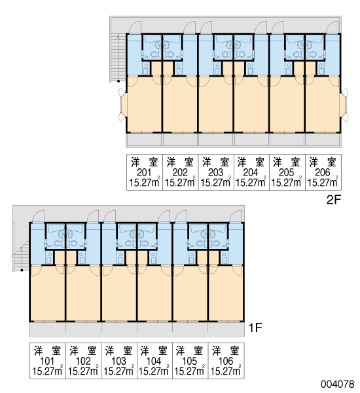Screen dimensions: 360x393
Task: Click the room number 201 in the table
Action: click(144, 172)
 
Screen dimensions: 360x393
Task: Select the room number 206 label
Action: click(323, 172)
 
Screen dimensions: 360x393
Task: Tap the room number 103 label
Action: click(118, 361)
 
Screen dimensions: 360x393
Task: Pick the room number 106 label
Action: click(226, 361)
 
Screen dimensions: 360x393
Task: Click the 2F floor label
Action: click(334, 200)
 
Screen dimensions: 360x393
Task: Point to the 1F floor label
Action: click(255, 327)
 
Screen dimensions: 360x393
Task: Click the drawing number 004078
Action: click(338, 384)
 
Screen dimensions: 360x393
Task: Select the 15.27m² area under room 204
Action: click(251, 182)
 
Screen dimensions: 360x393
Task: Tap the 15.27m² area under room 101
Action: click(47, 371)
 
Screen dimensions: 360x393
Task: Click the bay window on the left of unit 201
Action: click(123, 105)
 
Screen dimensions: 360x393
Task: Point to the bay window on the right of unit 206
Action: click(344, 105)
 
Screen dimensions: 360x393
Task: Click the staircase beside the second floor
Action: click(118, 57)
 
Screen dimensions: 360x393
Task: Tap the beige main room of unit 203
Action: click(216, 104)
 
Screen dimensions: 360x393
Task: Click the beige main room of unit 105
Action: click(190, 293)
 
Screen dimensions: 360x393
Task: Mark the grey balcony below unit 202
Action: click(180, 140)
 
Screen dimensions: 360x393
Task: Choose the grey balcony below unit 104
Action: click(154, 329)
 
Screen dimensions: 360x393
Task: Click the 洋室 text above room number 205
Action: click(287, 162)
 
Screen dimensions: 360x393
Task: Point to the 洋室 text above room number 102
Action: click(83, 351)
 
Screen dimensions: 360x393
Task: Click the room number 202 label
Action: click(180, 172)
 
